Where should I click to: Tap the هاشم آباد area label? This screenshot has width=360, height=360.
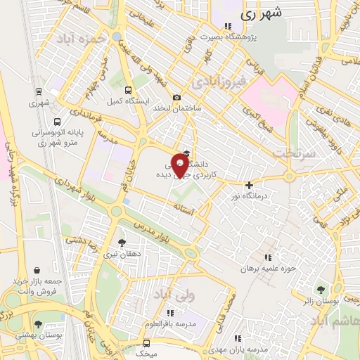[333, 321]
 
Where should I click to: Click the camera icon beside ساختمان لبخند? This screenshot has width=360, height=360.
[176, 97]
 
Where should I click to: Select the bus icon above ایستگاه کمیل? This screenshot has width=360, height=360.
[128, 90]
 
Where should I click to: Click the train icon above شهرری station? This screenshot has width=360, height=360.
[39, 91]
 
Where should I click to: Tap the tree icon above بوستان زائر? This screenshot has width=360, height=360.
[321, 289]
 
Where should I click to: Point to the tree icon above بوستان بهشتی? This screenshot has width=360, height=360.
[38, 325]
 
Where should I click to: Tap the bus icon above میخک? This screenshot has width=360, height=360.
[146, 343]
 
